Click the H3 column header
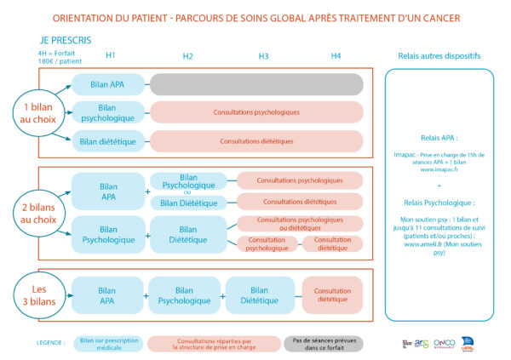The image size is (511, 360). (264, 56)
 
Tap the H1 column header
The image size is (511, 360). (111, 55)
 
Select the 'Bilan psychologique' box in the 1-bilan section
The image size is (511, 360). (107, 112)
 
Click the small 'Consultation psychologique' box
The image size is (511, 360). (267, 244)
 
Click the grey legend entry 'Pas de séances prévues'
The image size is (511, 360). (324, 343)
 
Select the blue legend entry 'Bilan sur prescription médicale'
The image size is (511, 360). (108, 343)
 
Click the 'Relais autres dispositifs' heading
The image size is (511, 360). (439, 56)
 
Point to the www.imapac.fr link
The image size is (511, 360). (439, 169)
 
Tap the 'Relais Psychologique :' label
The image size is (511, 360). (439, 203)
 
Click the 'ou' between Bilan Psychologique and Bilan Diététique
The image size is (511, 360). (189, 191)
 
